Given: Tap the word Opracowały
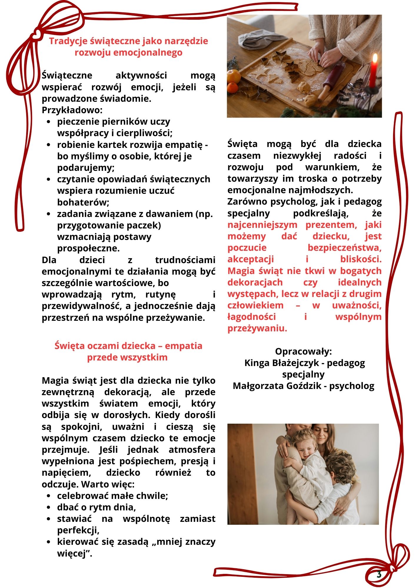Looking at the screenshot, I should (x=303, y=352).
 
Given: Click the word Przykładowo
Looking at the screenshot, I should (x=72, y=110).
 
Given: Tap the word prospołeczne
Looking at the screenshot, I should (x=88, y=248).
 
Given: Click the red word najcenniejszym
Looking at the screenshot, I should (x=262, y=225).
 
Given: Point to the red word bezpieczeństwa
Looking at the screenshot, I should (x=345, y=248).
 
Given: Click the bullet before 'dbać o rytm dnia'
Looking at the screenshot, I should (x=49, y=507).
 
